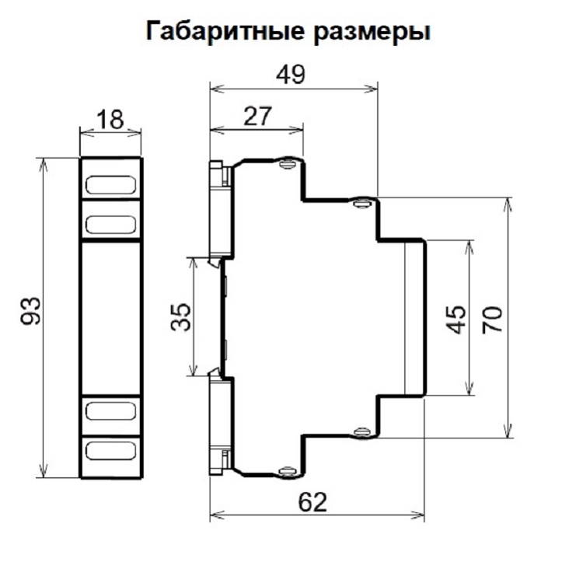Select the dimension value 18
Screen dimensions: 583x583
click(110, 120)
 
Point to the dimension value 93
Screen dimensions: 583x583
click(31, 311)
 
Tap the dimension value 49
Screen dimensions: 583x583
click(291, 75)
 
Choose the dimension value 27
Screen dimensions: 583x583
click(257, 116)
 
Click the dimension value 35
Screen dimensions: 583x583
click(181, 317)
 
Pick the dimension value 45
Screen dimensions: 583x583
click(456, 319)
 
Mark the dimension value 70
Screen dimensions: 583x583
click(492, 319)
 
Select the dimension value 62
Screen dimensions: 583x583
click(312, 502)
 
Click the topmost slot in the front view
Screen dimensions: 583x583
click(110, 185)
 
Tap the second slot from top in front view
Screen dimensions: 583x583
click(110, 225)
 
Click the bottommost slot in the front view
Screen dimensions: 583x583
click(110, 450)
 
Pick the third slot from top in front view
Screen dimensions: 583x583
click(110, 411)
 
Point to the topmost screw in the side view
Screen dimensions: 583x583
click(288, 163)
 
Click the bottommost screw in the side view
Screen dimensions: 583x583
click(288, 472)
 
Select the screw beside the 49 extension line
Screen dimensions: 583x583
click(361, 203)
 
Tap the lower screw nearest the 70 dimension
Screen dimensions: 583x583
click(361, 432)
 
